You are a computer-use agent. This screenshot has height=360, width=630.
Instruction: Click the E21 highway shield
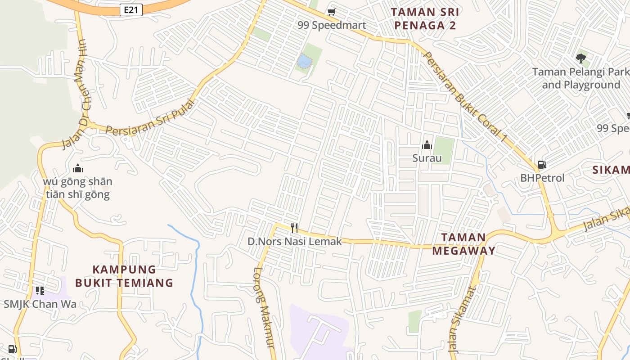[131, 9]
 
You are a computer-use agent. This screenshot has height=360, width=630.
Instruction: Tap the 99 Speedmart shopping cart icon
[332, 12]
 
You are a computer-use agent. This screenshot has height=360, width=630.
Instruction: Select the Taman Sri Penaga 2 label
[425, 19]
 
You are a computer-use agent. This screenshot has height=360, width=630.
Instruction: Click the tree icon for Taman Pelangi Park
[581, 58]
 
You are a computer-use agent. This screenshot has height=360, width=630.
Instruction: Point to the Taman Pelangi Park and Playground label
[580, 78]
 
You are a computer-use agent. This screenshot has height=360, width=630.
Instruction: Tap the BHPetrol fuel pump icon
[542, 165]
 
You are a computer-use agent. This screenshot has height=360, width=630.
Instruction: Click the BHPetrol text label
[542, 178]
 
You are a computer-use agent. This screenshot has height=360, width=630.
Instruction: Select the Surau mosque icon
[427, 145]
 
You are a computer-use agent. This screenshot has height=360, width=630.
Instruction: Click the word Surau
[427, 158]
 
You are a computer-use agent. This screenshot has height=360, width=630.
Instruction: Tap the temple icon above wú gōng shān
[78, 169]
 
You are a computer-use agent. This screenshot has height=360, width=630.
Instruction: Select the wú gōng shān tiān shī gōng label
[78, 188]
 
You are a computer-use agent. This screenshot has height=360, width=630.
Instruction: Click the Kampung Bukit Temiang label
[124, 276]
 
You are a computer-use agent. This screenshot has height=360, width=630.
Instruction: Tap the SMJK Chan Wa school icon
[40, 290]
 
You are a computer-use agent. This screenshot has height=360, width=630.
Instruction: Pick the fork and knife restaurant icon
[294, 228]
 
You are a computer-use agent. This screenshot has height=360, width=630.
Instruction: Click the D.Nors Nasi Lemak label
[295, 242]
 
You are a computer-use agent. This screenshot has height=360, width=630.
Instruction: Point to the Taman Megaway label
[463, 244]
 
